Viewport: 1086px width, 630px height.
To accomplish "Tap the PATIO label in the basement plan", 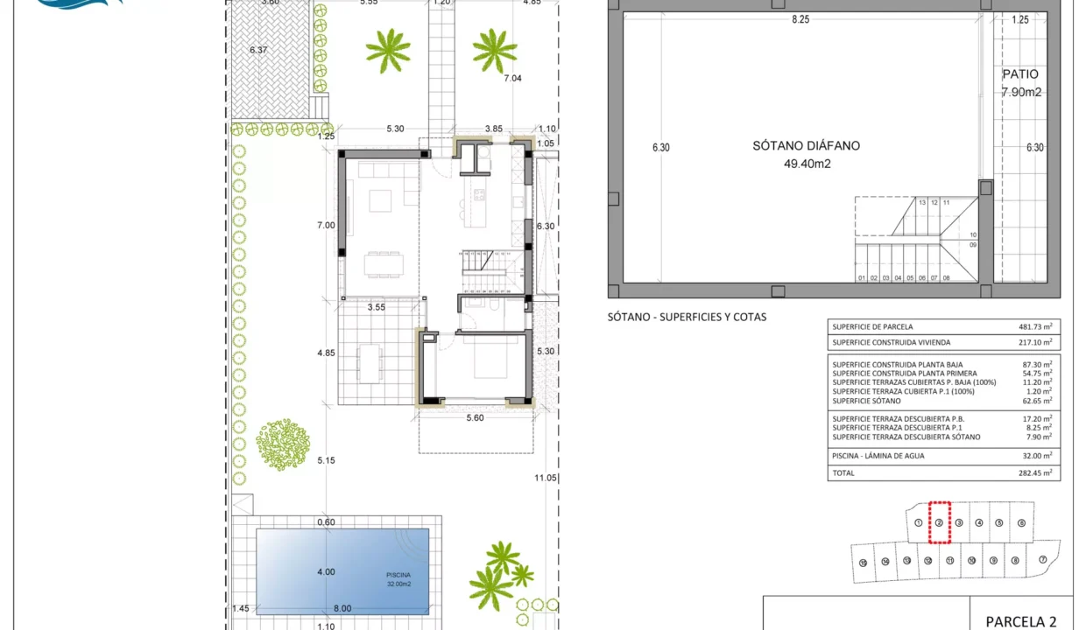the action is [1020, 75].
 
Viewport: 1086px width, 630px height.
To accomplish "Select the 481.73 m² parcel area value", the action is [1035, 327].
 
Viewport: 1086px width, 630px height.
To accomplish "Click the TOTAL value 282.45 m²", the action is [1035, 472].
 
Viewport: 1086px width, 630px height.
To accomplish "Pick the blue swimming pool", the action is [342, 571].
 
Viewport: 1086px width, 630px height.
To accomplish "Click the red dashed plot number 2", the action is [939, 523].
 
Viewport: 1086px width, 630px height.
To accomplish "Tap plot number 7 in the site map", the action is [1042, 560].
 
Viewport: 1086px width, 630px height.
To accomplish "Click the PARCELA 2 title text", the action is [1020, 621].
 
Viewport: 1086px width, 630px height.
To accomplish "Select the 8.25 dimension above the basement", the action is [800, 19].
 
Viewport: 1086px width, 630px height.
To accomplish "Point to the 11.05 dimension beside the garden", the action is [546, 478].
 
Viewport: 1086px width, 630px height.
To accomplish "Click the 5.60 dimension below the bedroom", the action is [475, 418].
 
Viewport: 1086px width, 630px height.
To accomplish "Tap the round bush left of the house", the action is [282, 444].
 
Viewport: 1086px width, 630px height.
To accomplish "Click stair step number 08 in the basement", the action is [947, 278].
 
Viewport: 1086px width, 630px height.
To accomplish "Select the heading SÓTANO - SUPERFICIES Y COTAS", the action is [687, 317].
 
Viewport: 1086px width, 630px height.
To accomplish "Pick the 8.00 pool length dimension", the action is [342, 609].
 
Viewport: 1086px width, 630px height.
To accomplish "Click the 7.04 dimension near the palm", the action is [512, 78].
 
